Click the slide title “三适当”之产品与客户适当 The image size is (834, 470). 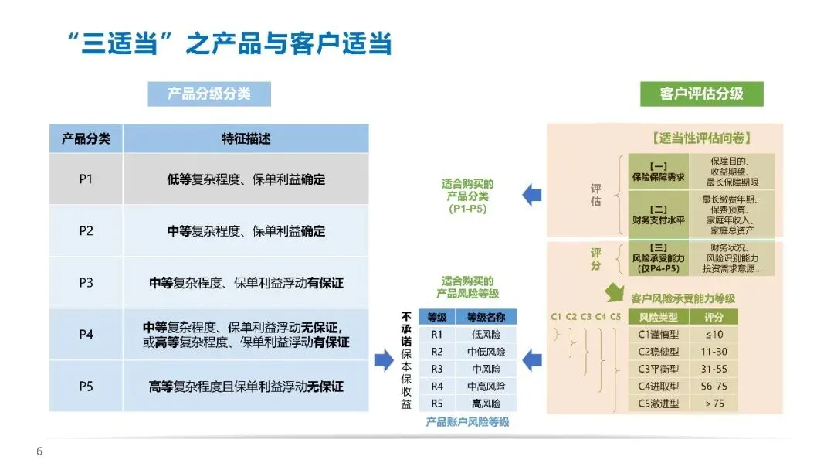pos(226,43)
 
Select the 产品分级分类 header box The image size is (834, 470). pos(208,94)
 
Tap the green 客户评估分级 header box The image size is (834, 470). pos(701,94)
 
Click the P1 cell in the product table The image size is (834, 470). pos(86,179)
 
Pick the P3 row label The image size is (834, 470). pos(86,283)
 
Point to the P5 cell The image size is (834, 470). pos(86,386)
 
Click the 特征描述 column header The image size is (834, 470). pos(246,139)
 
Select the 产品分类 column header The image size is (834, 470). pos(86,139)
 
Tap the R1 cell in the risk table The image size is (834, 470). pos(437,335)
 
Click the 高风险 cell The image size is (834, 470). pos(486,404)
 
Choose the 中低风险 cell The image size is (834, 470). pos(486,352)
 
